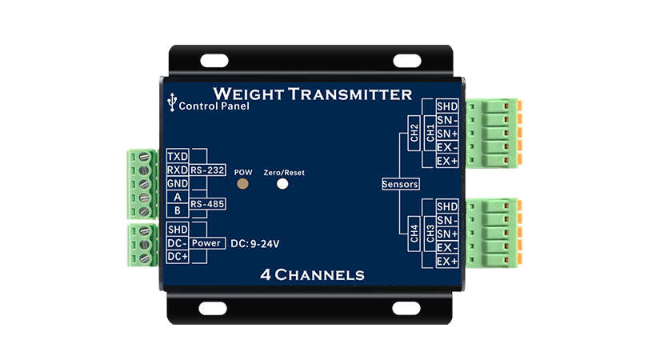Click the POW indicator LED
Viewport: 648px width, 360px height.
(x=242, y=183)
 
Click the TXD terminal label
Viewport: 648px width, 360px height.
(x=178, y=156)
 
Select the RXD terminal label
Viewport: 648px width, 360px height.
(x=178, y=170)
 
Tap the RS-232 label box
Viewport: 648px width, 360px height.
(x=207, y=170)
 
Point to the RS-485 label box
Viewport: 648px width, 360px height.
(x=207, y=204)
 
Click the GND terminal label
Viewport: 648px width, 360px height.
(x=178, y=183)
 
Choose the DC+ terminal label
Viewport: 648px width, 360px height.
(x=178, y=257)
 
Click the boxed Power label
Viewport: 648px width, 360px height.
(x=206, y=243)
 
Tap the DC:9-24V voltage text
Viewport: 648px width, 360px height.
(x=255, y=244)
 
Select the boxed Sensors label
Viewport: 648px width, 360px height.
(x=401, y=184)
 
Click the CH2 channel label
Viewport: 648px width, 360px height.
(x=414, y=133)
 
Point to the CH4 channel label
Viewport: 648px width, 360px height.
(x=414, y=234)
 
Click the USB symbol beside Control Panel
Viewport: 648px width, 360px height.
(x=172, y=102)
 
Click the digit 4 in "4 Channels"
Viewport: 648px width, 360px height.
(x=266, y=275)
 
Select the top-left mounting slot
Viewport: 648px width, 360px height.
(x=214, y=60)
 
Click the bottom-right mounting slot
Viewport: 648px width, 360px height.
(x=406, y=308)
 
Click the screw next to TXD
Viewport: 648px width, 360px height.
(x=144, y=157)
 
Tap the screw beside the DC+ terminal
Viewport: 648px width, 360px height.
(x=144, y=258)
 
